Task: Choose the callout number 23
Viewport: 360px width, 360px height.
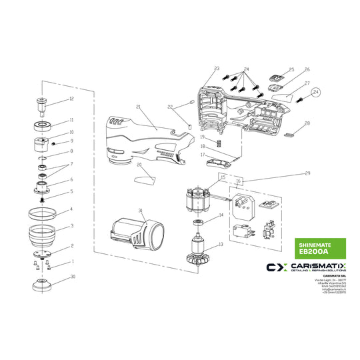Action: [x=217, y=69]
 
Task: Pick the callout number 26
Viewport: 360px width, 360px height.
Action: [x=307, y=69]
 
